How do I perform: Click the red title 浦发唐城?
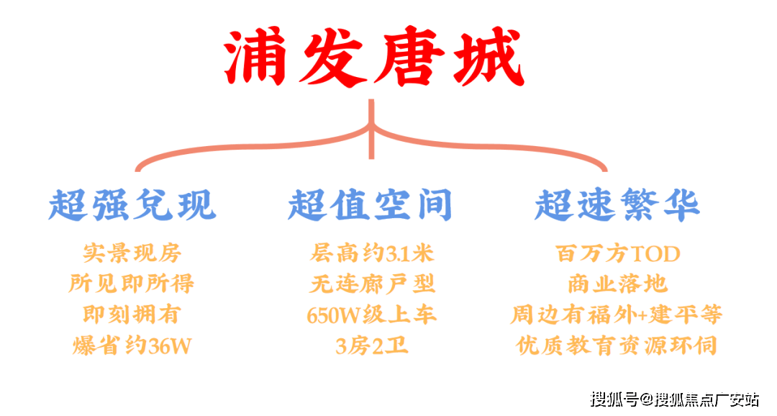372,56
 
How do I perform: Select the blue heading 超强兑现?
132,205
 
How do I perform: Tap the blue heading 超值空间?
370,205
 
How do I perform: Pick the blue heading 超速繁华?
617,205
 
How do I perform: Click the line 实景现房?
132,253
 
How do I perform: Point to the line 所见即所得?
132,284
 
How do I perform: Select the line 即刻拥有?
132,315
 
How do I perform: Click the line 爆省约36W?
132,346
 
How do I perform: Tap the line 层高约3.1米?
372,253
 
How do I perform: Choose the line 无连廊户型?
372,284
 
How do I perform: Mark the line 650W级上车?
372,315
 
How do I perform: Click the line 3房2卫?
372,346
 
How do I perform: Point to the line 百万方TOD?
617,253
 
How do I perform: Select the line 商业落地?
617,284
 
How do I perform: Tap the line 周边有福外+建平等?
617,315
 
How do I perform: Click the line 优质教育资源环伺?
617,346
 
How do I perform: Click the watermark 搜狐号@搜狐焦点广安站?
674,399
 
